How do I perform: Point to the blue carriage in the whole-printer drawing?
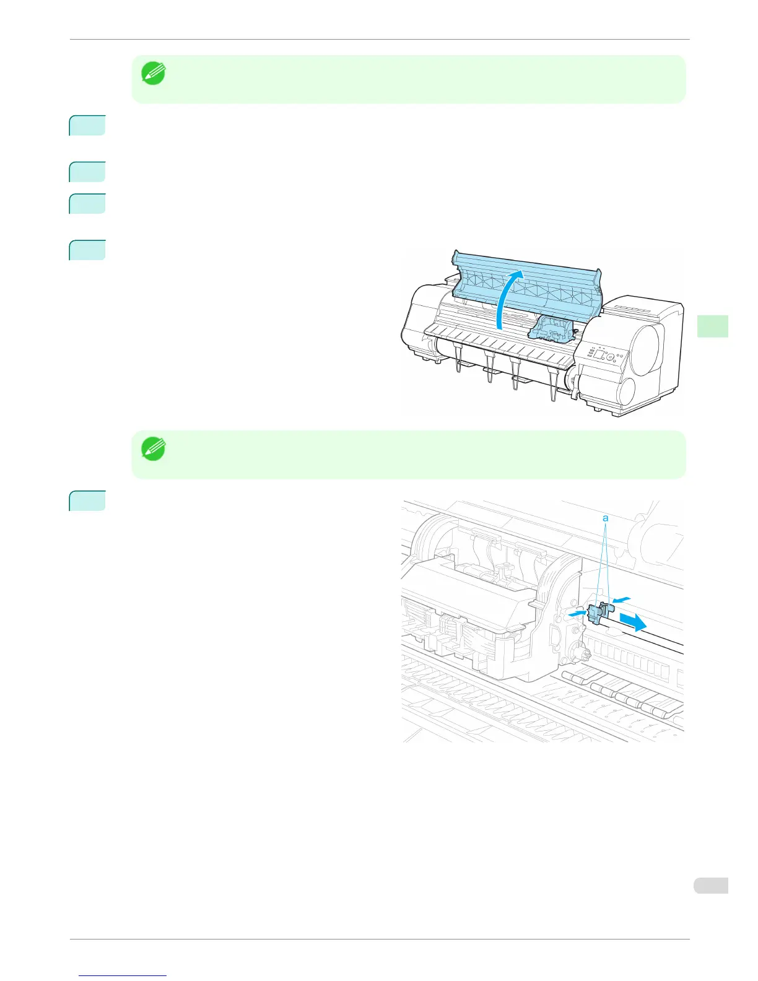552,328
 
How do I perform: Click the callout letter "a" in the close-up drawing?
606,518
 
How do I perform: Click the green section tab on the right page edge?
712,326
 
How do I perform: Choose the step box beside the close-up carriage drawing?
87,501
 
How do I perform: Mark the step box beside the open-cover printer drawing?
87,250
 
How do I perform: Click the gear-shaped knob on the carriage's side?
579,652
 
